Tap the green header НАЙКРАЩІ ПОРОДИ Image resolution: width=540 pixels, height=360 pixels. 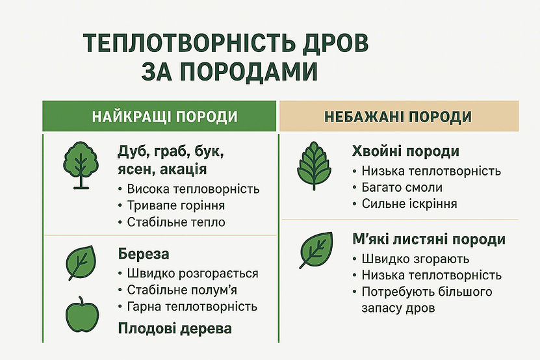click(x=160, y=117)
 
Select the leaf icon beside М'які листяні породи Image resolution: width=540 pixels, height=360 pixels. click(x=316, y=250)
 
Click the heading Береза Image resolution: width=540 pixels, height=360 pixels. click(x=144, y=253)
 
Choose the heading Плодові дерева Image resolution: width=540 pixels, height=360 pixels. click(x=175, y=329)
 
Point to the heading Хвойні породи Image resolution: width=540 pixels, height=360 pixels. click(x=405, y=152)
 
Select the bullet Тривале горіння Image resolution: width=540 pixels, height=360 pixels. click(x=177, y=205)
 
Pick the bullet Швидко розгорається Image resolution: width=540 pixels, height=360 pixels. click(x=194, y=274)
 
